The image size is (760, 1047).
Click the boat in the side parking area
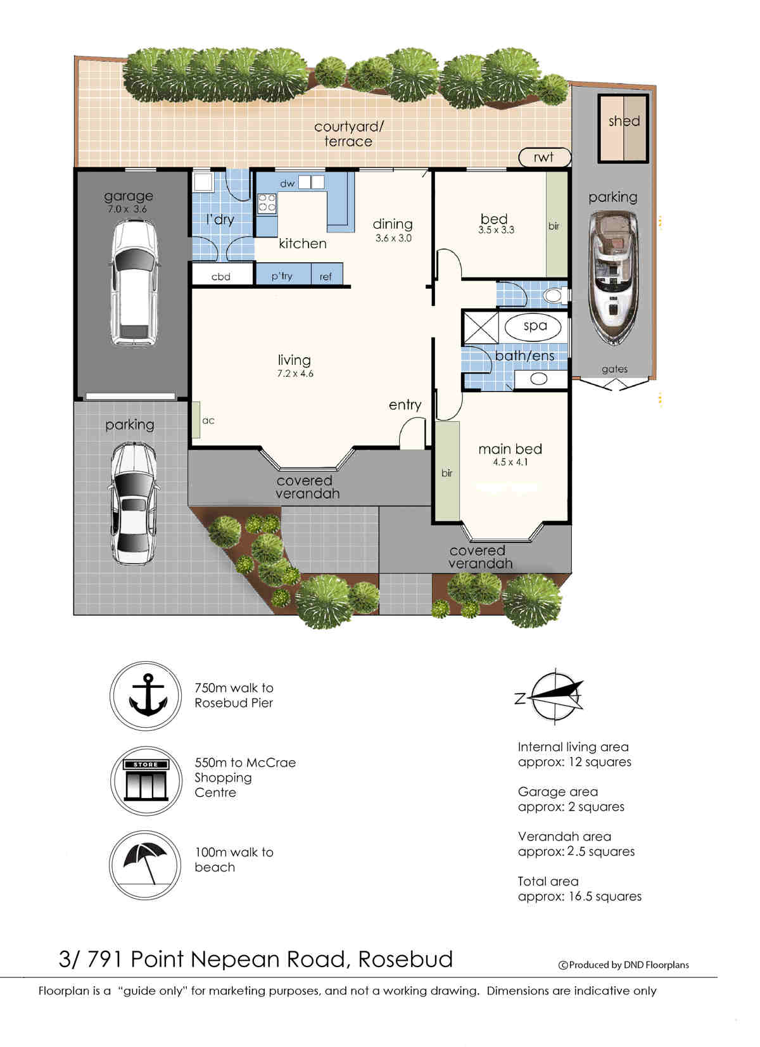pos(613,278)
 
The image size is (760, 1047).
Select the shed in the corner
pos(624,128)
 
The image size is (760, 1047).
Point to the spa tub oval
pos(533,327)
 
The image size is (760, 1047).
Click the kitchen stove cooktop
pos(267,204)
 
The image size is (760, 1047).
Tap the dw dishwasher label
pos(287,184)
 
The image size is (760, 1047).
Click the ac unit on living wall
pos(196,420)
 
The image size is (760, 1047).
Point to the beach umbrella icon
pos(146,865)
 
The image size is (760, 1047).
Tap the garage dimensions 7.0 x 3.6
pos(127,210)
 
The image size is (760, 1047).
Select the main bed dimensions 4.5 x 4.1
pos(510,462)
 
